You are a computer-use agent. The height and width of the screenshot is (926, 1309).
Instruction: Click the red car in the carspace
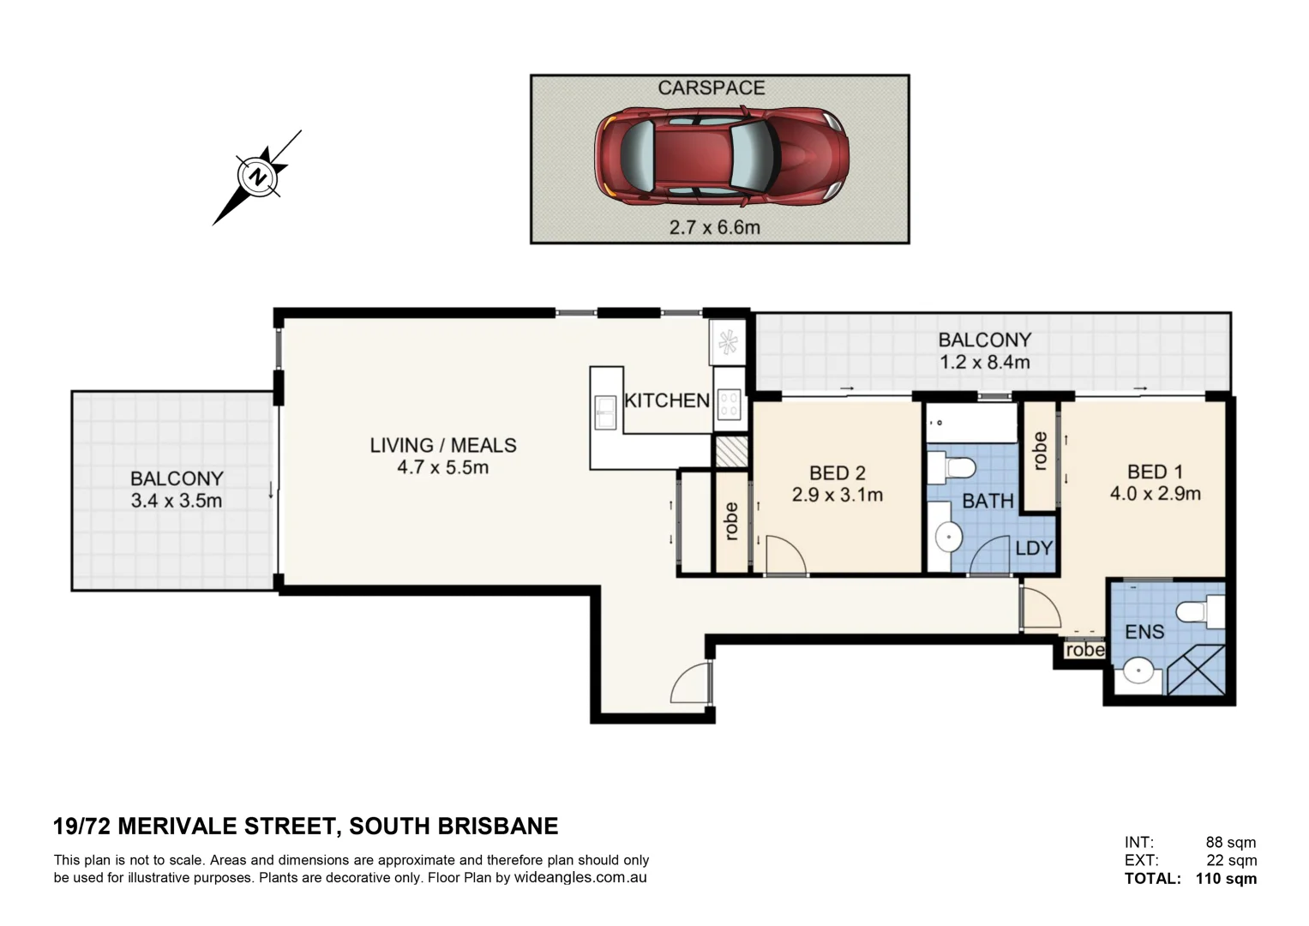click(721, 156)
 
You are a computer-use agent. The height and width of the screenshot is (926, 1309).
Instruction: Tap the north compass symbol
click(257, 177)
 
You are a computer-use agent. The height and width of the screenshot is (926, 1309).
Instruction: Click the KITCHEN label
click(666, 400)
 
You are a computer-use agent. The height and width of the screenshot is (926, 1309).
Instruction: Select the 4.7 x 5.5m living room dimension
click(442, 468)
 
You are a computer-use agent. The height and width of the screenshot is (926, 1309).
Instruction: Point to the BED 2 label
click(837, 472)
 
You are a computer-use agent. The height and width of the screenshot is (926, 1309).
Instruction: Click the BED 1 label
click(1155, 472)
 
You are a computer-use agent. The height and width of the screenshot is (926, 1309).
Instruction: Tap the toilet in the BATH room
click(954, 468)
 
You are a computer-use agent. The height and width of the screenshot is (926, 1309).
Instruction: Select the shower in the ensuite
click(1197, 670)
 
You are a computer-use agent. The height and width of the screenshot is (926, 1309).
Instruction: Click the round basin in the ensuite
click(1138, 670)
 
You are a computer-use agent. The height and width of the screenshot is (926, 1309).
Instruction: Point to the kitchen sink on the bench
click(605, 412)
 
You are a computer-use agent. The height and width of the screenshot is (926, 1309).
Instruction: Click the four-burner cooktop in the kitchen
click(729, 404)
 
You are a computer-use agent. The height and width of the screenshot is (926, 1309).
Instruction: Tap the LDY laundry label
click(1033, 548)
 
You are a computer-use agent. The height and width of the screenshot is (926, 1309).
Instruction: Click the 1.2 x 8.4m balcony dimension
click(984, 363)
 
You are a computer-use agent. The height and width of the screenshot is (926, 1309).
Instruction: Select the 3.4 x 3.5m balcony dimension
click(176, 502)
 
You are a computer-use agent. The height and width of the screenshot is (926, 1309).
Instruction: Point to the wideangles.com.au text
click(579, 878)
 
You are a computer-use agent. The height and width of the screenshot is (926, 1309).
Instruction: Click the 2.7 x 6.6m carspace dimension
click(714, 228)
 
